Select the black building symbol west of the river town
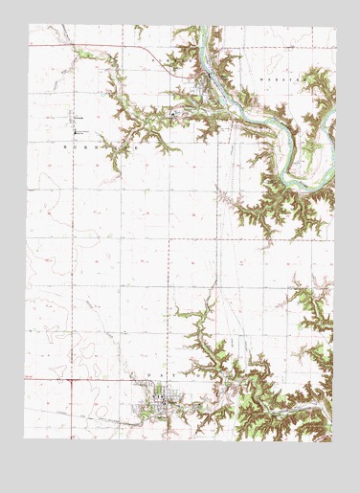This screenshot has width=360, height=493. (173, 115)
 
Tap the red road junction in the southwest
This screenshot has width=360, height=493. (72, 378)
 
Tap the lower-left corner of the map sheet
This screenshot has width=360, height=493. (25, 439)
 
